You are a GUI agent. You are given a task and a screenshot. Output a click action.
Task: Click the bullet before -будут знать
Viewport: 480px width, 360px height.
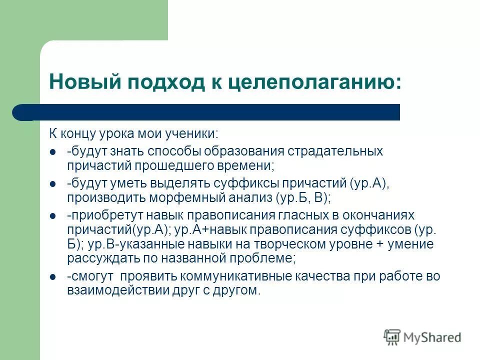(x=53, y=151)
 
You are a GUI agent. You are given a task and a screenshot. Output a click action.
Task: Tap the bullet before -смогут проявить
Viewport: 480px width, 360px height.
(x=53, y=277)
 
